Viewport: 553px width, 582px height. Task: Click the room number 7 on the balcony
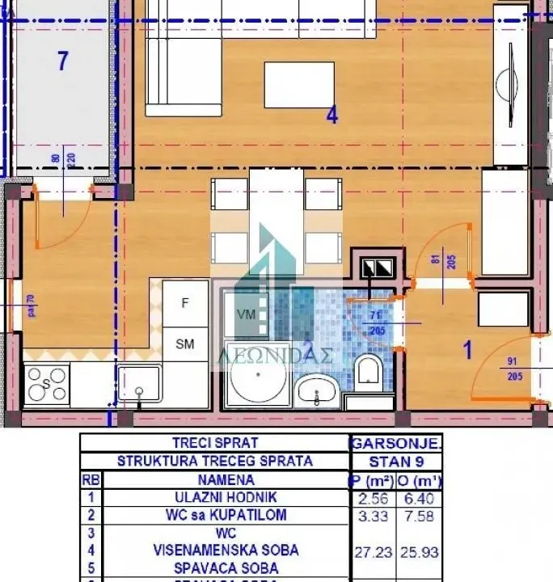(x=62, y=60)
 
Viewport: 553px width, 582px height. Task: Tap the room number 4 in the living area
(x=331, y=116)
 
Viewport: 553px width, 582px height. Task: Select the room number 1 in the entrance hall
(x=466, y=350)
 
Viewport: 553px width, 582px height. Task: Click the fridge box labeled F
(x=185, y=303)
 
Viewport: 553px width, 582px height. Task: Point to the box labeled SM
(x=185, y=344)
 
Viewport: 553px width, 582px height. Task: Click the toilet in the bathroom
(x=368, y=372)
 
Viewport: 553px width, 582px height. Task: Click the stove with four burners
(x=47, y=386)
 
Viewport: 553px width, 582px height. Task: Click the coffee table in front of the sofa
(x=298, y=85)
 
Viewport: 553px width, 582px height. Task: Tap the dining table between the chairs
(x=276, y=220)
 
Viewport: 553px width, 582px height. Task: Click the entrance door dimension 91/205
(x=514, y=369)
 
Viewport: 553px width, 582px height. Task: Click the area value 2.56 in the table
(x=371, y=498)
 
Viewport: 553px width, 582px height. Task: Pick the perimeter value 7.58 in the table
(x=420, y=515)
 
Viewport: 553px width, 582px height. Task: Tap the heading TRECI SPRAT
(x=214, y=443)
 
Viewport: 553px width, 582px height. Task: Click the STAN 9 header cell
(x=395, y=462)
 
